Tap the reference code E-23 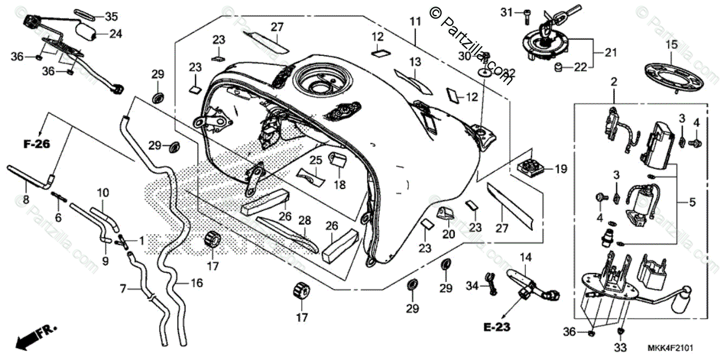point(497,327)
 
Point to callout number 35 point(112,16)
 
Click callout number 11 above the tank point(415,21)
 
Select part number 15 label point(670,44)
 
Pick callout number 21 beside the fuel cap point(610,53)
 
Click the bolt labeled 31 point(526,13)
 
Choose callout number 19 point(560,170)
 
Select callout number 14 point(526,257)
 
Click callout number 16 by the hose point(197,283)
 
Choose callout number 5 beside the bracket point(692,203)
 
